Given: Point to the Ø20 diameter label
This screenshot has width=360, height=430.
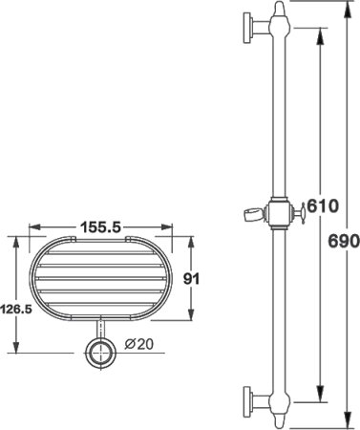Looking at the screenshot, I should [136, 345].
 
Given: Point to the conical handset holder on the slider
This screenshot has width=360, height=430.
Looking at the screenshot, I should [247, 211].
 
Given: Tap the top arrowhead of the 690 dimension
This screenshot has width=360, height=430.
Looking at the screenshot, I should [339, 7].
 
